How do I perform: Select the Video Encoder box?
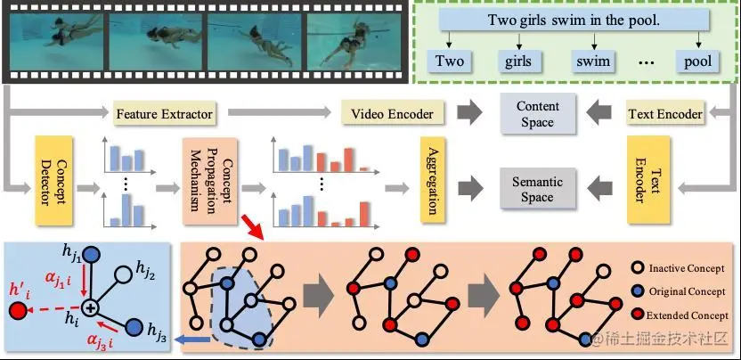pos(392,114)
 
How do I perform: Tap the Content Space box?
pos(537,114)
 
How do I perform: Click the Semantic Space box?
pos(537,189)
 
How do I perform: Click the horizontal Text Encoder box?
pos(665,114)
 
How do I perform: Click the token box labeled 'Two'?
pos(450,61)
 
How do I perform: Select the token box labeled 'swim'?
pos(591,61)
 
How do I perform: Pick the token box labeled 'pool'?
pos(697,61)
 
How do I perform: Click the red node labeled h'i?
pos(15,311)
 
